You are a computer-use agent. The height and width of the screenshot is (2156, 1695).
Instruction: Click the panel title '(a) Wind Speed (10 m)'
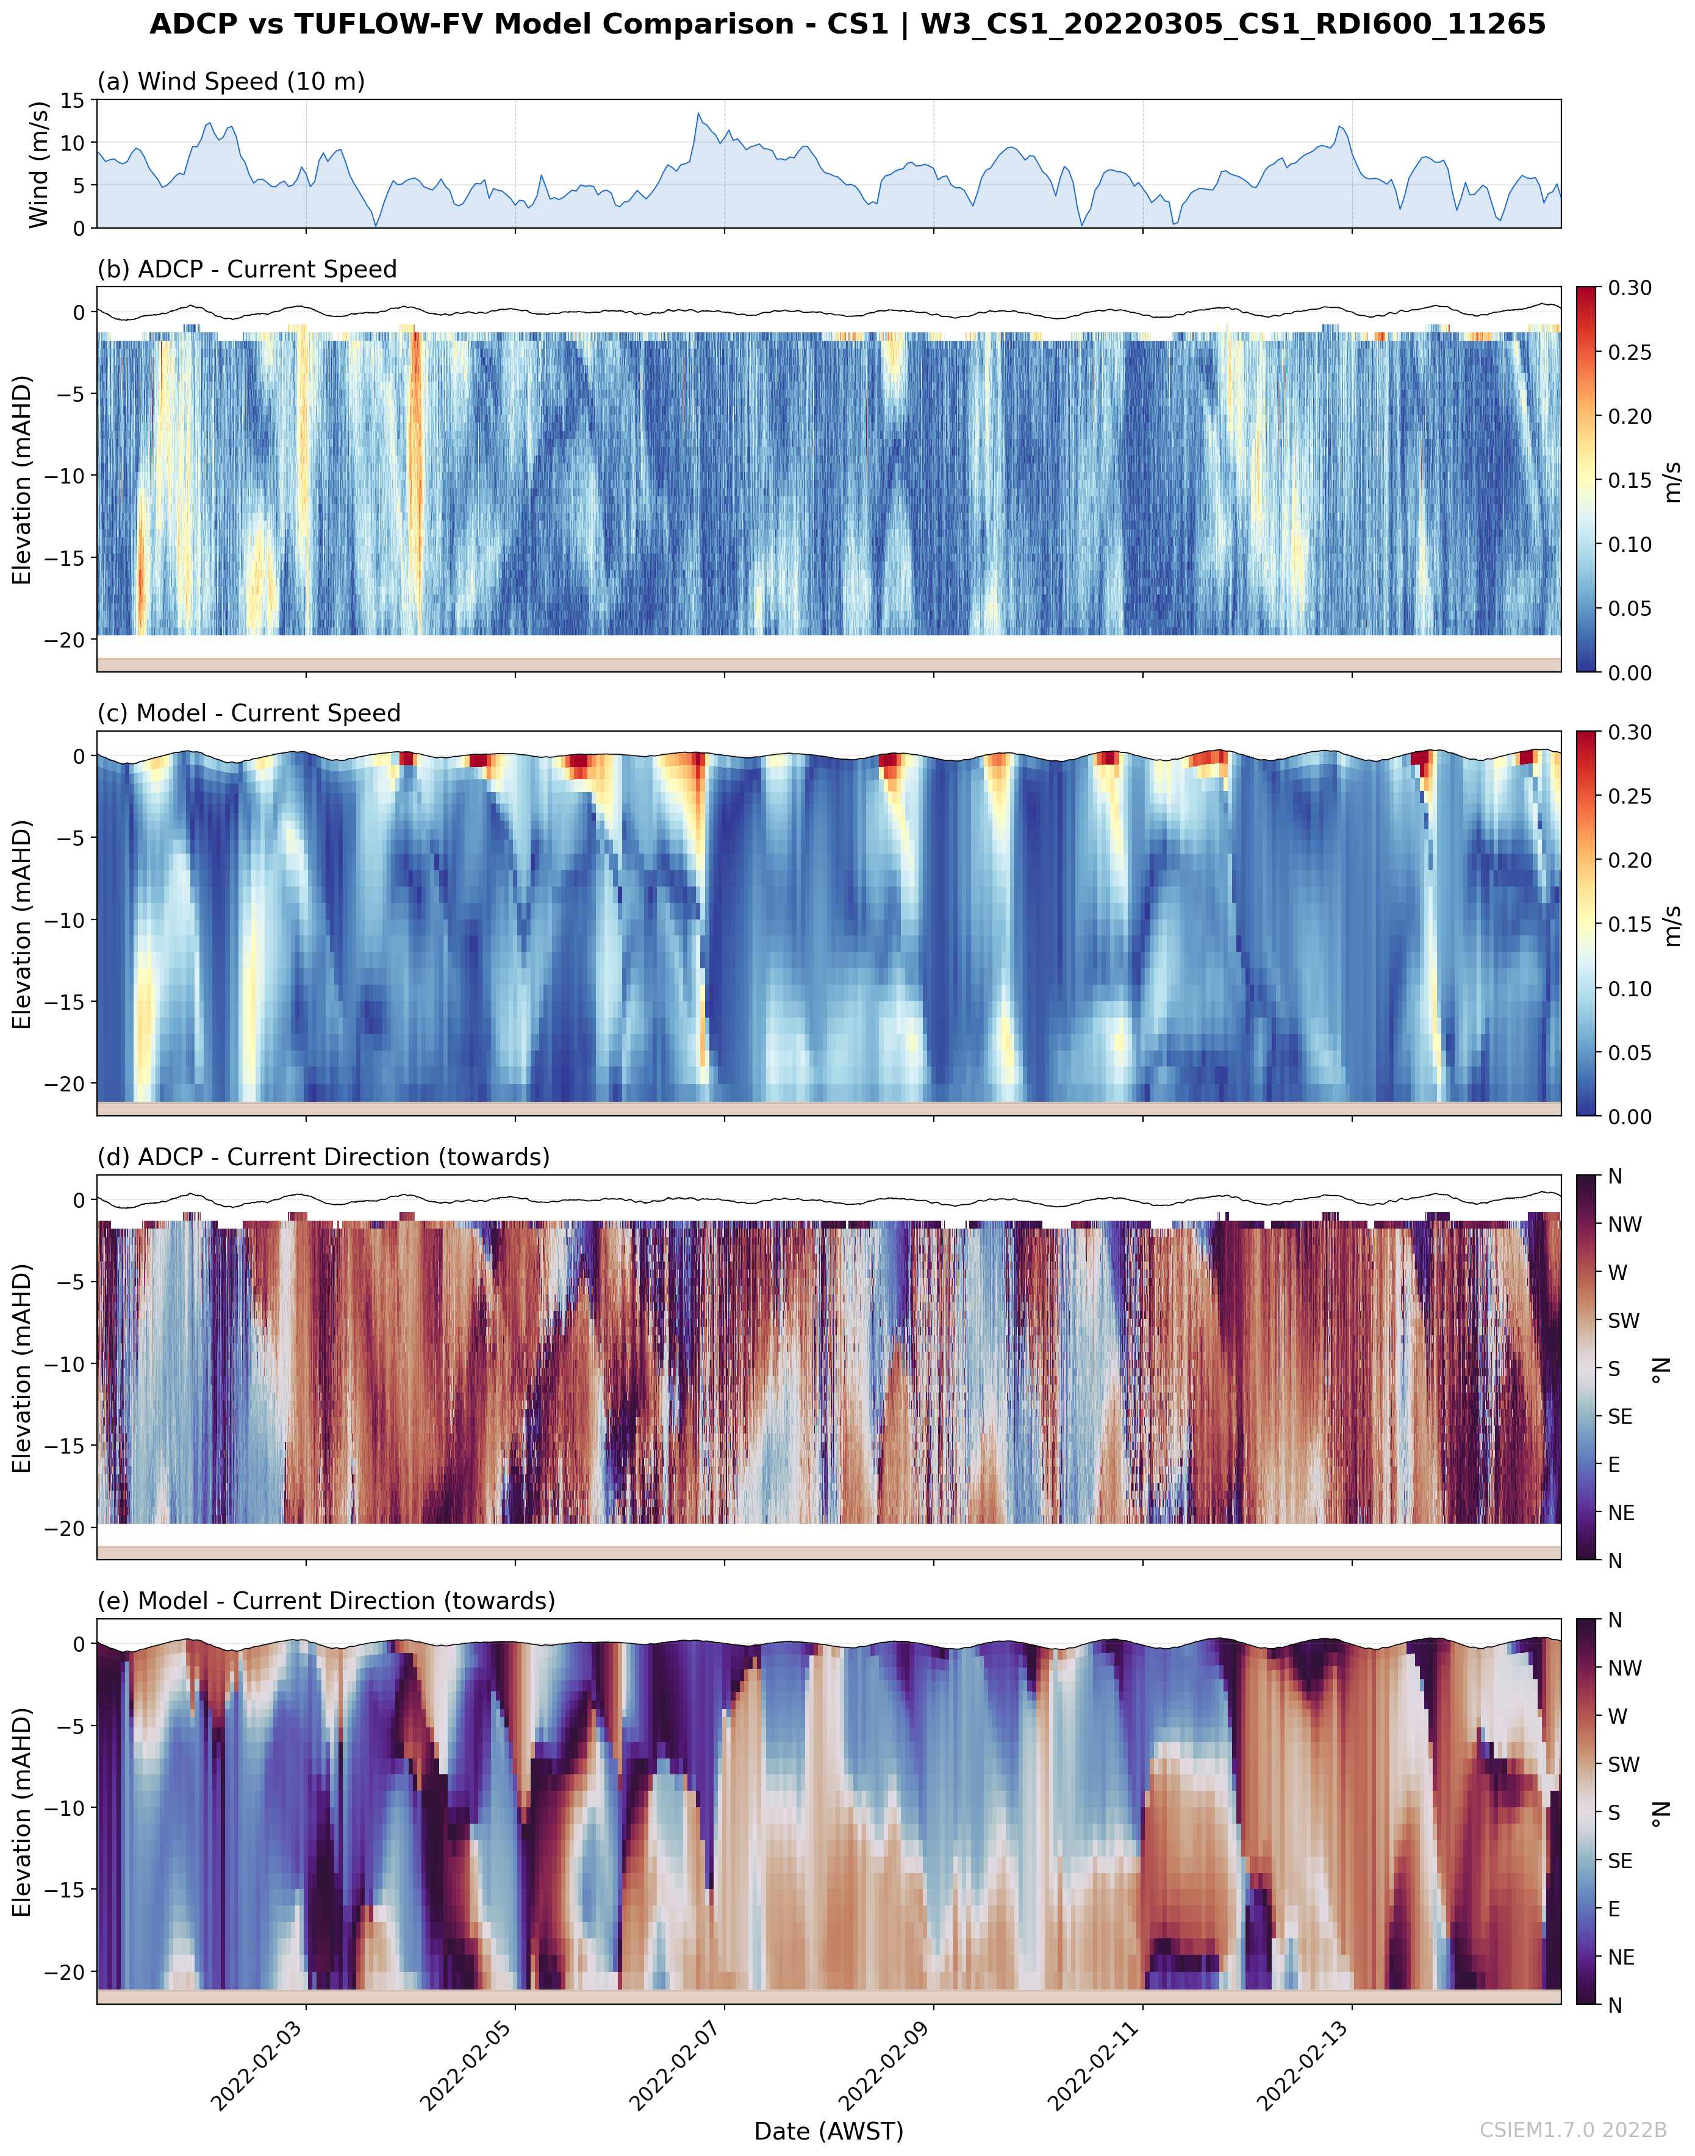(x=230, y=81)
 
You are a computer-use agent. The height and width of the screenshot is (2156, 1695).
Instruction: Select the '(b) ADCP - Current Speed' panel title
(x=246, y=269)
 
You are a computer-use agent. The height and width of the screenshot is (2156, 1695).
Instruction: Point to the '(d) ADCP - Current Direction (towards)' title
(x=323, y=1157)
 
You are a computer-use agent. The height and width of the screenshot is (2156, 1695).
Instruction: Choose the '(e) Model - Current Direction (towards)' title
(x=326, y=1601)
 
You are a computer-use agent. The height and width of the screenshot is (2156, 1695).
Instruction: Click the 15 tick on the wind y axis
(x=73, y=100)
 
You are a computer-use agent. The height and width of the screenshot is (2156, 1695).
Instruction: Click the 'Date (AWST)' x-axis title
(x=829, y=2131)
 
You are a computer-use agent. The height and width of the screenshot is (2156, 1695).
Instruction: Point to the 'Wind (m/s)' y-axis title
(x=38, y=163)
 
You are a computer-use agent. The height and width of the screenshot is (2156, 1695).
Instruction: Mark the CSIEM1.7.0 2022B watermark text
(x=1573, y=2130)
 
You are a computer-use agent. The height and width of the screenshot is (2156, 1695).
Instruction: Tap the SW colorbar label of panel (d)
(x=1624, y=1321)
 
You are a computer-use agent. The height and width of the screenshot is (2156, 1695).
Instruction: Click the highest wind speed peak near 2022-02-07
(x=698, y=113)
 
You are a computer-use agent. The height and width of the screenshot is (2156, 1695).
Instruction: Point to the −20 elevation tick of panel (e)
(x=65, y=1971)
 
